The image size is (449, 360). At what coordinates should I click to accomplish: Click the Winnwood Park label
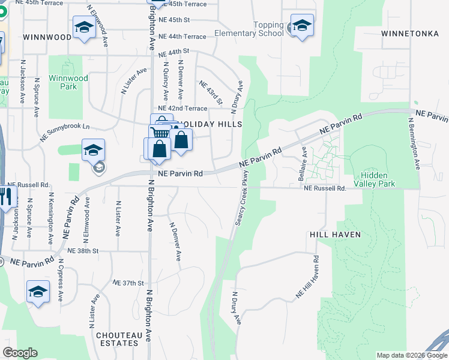68,82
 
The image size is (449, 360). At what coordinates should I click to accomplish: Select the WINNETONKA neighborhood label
410,34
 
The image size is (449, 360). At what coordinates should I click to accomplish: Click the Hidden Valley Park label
375,179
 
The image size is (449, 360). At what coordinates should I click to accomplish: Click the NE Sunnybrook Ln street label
65,132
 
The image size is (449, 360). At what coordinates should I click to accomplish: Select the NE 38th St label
82,251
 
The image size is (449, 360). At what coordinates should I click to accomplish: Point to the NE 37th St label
128,283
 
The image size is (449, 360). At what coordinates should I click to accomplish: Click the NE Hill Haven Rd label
307,277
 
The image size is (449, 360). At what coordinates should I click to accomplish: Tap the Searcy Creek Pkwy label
242,202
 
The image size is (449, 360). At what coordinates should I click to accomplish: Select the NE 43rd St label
211,92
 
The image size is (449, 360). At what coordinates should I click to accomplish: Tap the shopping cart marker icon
159,132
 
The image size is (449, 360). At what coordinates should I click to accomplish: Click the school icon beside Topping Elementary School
302,26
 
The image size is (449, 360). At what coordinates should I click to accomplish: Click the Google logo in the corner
20,353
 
